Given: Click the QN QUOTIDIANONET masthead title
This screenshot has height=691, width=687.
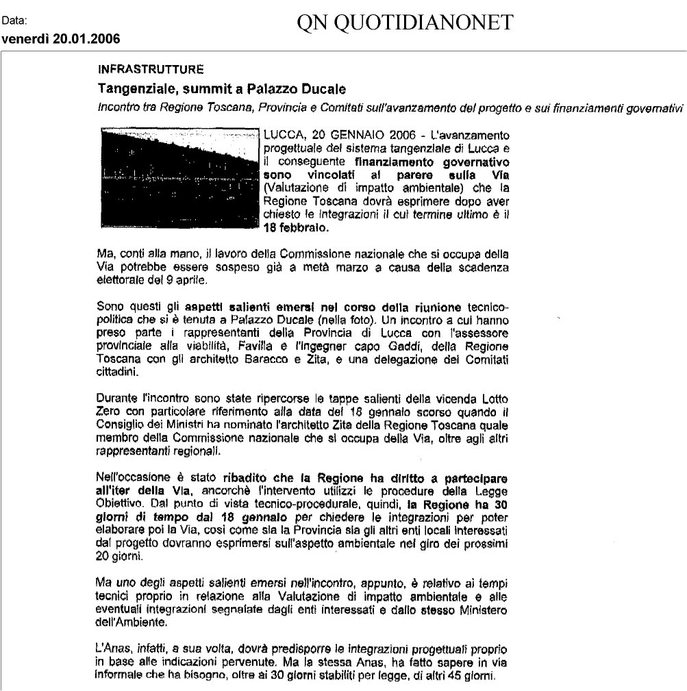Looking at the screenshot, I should [x=405, y=24].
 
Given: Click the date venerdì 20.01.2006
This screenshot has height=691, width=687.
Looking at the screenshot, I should [x=60, y=38].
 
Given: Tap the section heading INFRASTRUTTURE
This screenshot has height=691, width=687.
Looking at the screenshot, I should [x=151, y=68].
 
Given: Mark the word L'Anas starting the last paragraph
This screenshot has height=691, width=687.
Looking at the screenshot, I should [x=113, y=646].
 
